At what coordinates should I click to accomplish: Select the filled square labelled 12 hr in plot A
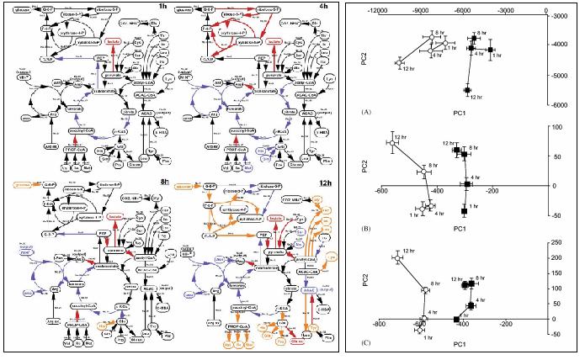click(467, 89)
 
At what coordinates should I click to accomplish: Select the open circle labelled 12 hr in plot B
click(392, 144)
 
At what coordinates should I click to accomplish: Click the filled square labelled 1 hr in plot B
click(465, 209)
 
